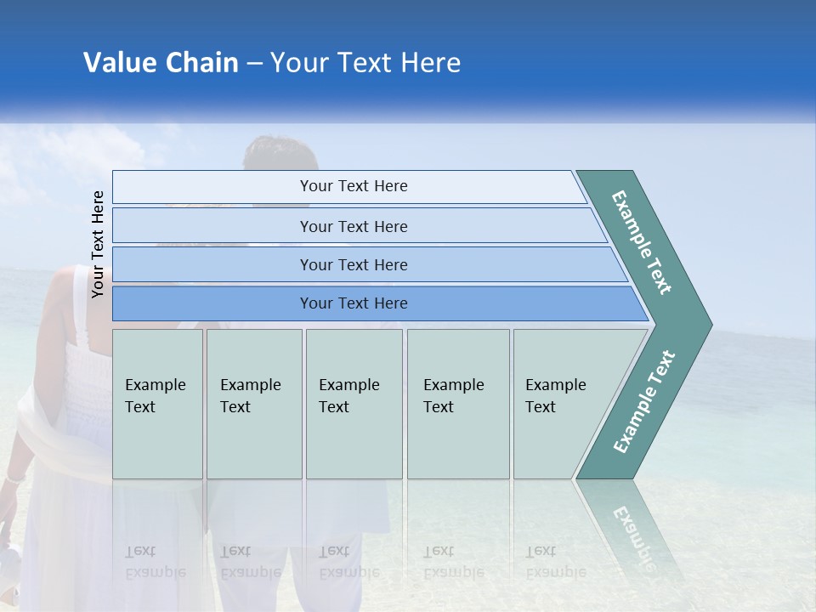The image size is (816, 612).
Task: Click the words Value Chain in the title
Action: pos(161,63)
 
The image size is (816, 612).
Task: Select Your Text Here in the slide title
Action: pos(365,63)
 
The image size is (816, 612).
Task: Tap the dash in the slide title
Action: pos(254,64)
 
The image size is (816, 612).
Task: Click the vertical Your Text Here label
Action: pos(98,244)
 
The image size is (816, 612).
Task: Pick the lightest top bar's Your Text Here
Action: pos(353,186)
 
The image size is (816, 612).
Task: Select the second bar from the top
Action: pos(353,226)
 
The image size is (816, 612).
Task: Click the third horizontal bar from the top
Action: pos(353,264)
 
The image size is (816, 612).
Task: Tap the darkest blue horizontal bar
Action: pos(353,303)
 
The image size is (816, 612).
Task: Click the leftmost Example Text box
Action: pos(156,403)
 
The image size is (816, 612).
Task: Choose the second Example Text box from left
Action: pos(253,403)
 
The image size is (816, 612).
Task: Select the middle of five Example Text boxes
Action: pos(353,403)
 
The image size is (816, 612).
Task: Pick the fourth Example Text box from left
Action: pos(457,403)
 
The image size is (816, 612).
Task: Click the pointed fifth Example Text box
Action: pos(561,403)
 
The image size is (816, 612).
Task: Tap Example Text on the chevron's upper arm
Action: pos(642,242)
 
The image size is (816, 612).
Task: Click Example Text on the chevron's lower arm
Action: pos(644,402)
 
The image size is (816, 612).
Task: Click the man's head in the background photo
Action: pos(280,157)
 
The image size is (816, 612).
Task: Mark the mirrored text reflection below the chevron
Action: pos(633,535)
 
